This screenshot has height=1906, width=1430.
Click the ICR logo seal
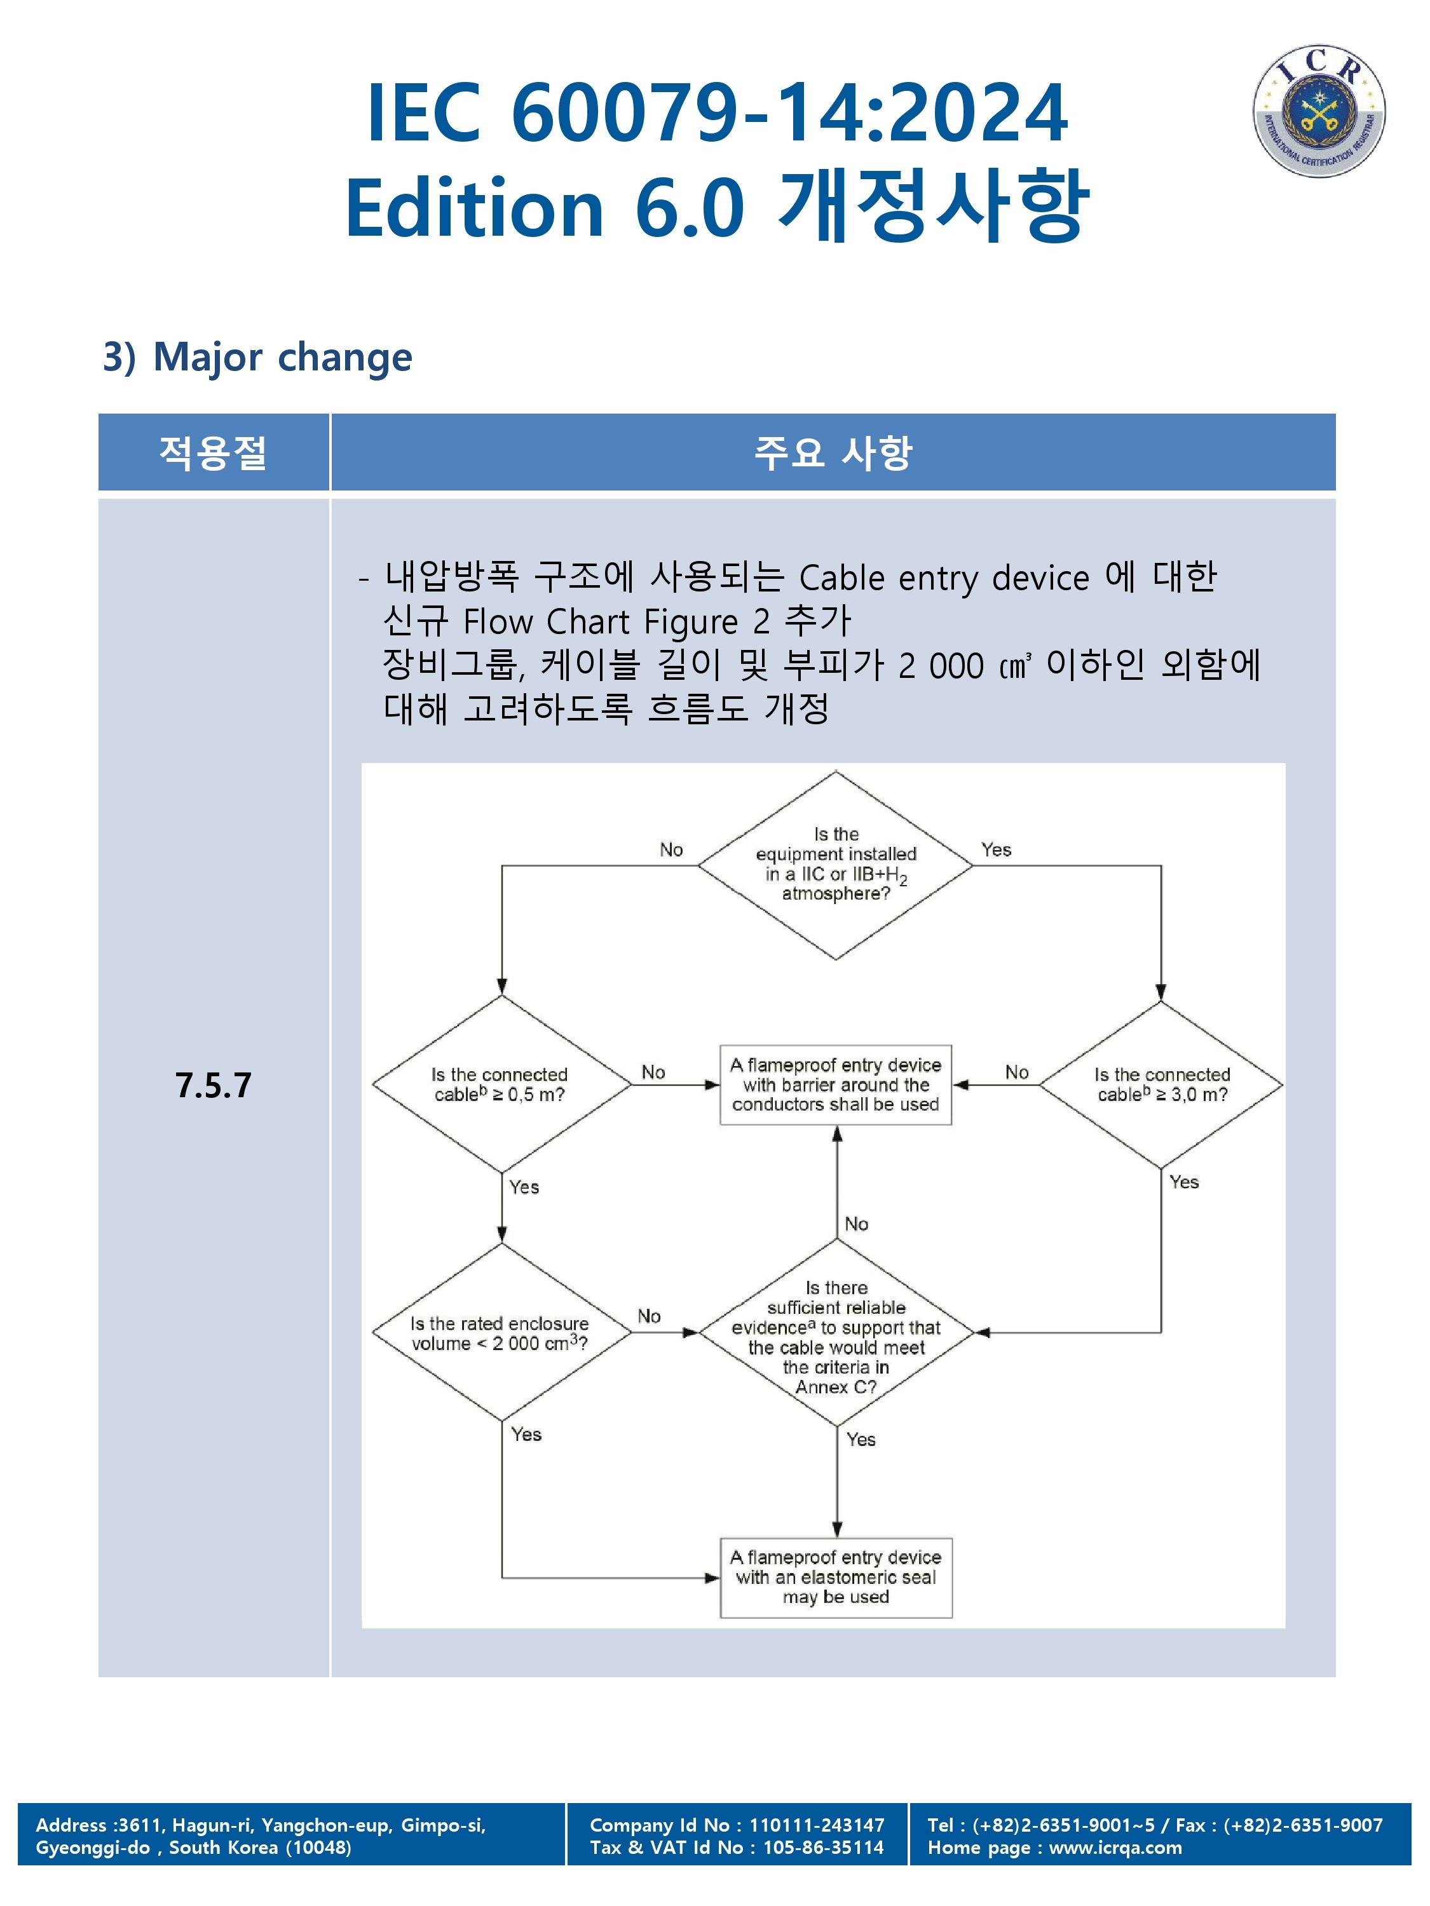1318,111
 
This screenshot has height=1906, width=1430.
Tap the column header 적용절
213,452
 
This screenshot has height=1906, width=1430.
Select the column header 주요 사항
833,452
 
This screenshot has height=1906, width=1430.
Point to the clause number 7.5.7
213,1086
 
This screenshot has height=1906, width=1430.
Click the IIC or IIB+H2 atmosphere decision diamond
835,865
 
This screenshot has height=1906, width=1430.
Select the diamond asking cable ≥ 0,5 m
501,1084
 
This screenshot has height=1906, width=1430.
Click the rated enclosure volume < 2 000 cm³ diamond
501,1332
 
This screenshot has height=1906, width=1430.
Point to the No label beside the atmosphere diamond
672,849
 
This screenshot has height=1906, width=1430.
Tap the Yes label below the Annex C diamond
861,1439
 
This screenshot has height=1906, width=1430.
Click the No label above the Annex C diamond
857,1224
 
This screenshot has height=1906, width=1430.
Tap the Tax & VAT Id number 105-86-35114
823,1848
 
